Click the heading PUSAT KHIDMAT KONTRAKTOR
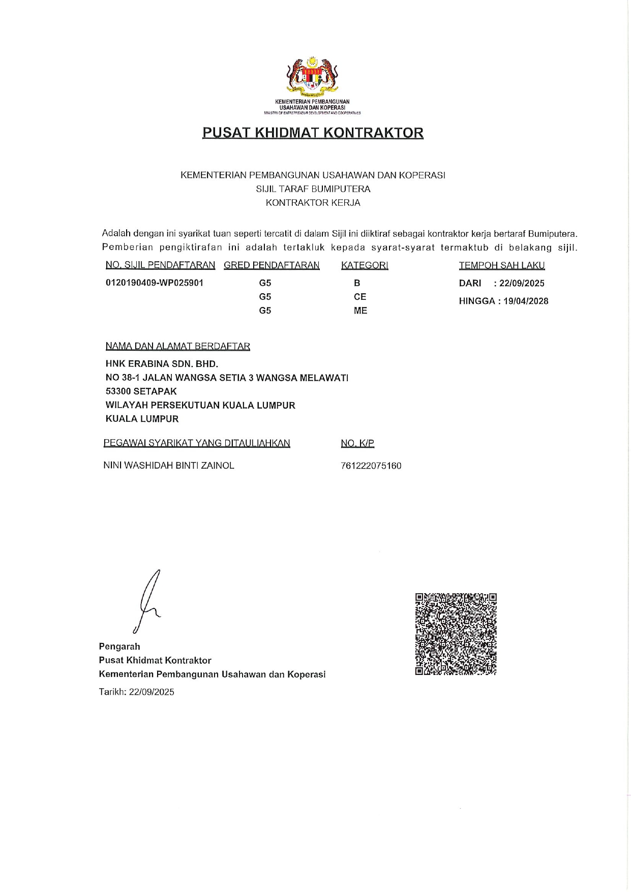coord(313,133)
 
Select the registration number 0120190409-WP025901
coord(155,283)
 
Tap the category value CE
coord(360,297)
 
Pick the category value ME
coord(360,311)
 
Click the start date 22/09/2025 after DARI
coord(522,283)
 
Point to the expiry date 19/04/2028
coord(526,301)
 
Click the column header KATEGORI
coord(365,265)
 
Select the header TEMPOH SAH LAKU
coord(502,265)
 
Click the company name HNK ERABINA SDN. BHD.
coord(162,364)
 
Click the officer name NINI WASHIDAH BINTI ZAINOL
coord(169,466)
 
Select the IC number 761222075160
coord(371,466)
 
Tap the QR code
coord(456,634)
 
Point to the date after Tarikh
coord(152,692)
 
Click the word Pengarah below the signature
coord(119,647)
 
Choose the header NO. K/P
coord(357,443)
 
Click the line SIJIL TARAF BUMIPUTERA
coord(313,189)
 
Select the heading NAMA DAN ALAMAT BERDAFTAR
coord(178,346)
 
